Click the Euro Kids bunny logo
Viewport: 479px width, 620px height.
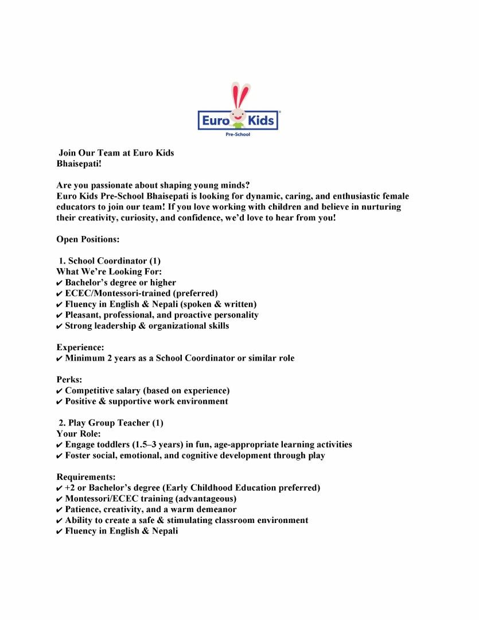238,109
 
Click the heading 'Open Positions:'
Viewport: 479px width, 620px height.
88,239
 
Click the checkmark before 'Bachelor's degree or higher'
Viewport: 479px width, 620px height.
60,283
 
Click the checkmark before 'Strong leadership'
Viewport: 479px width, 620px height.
60,326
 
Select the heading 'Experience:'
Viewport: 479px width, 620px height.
80,347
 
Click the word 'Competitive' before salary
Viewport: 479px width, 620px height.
91,391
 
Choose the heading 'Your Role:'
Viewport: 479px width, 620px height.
79,434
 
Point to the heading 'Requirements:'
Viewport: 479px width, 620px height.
86,477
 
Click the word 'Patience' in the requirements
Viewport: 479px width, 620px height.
84,510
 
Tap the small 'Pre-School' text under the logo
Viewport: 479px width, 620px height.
239,134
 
